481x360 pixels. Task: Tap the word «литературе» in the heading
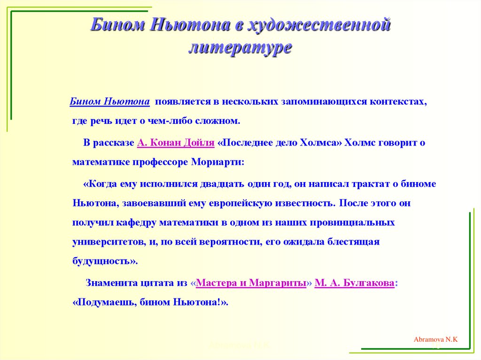point(240,48)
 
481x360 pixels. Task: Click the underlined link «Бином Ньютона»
point(110,102)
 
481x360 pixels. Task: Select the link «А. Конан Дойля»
point(176,143)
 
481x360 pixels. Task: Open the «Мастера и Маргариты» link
point(251,283)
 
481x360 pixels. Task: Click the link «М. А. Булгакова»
point(355,283)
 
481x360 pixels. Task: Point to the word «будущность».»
point(105,261)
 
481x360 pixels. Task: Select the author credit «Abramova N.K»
point(435,339)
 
